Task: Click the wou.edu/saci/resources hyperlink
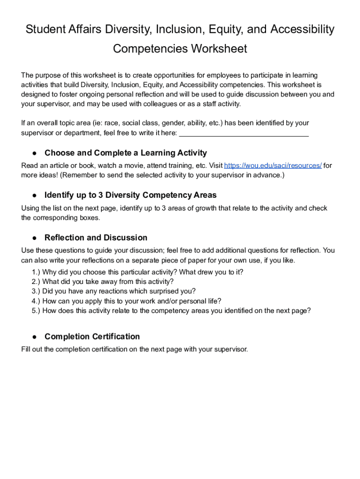pyautogui.click(x=273, y=166)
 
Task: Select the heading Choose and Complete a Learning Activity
pyautogui.click(x=125, y=153)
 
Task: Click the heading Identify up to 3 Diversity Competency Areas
pyautogui.click(x=130, y=195)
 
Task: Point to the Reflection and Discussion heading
pyautogui.click(x=96, y=238)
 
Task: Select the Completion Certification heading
pyautogui.click(x=92, y=337)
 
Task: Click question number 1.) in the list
pyautogui.click(x=36, y=272)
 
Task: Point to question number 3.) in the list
pyautogui.click(x=36, y=291)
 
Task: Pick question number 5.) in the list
pyautogui.click(x=36, y=311)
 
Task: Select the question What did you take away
pyautogui.click(x=108, y=282)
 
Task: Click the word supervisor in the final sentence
pyautogui.click(x=230, y=349)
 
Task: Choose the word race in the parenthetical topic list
pyautogui.click(x=111, y=123)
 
